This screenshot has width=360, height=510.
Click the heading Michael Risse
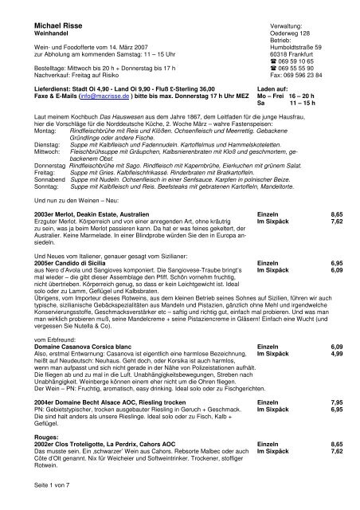tap(44, 25)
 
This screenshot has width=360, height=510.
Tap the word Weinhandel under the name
tap(33, 36)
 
